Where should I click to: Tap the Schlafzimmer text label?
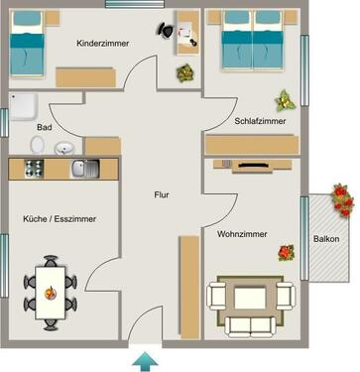point(261,121)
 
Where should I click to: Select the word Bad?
point(44,129)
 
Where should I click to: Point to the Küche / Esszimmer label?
point(60,218)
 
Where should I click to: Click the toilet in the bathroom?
point(38,146)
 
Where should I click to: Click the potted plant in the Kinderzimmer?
point(183,74)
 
